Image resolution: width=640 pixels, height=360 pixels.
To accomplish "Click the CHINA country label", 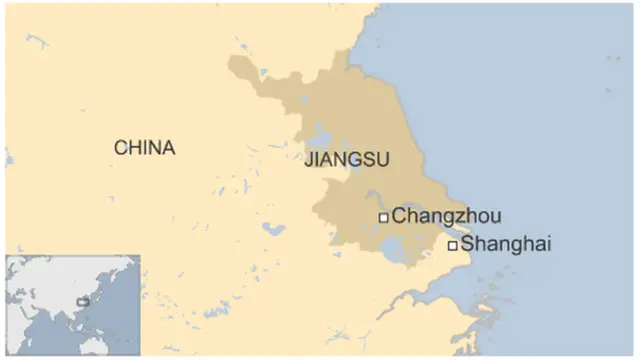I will (144, 148).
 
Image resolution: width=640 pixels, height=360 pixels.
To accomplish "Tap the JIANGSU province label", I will (346, 161).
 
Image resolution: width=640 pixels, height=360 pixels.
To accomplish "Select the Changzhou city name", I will (446, 216).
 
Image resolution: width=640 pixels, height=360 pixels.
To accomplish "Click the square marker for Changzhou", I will (383, 217).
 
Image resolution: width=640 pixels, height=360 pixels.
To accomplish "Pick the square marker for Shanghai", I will (452, 244).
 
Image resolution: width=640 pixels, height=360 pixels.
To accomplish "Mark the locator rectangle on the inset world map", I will (83, 301).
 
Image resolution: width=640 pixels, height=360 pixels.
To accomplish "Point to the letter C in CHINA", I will (120, 148).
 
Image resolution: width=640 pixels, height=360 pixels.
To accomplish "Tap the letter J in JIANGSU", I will (307, 161).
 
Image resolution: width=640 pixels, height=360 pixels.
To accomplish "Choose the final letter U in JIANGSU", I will (383, 161).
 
